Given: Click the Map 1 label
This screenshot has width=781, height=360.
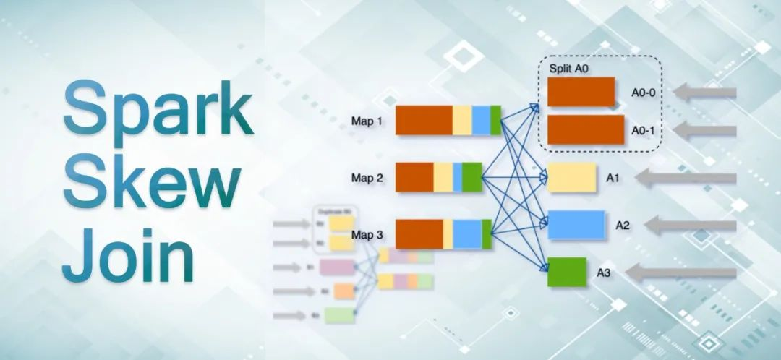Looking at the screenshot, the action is [x=367, y=121].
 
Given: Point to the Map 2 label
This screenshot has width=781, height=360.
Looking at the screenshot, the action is [x=367, y=177].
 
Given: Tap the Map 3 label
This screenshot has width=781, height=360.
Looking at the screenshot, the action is [x=367, y=235].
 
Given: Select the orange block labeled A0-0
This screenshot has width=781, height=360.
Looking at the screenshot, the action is [x=581, y=92].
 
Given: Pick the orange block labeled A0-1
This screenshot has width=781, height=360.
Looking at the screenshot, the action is [x=585, y=129].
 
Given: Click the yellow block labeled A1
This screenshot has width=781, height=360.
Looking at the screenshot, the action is [x=571, y=178].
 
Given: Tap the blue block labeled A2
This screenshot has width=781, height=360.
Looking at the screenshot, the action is [x=576, y=225].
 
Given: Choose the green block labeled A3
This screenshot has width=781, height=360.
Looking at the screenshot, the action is [x=566, y=271].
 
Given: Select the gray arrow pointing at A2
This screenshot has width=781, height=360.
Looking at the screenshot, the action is [x=690, y=226].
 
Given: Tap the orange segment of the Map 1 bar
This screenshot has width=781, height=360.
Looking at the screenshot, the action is [x=424, y=120].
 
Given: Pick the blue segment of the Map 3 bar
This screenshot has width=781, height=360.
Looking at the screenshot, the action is [x=467, y=234].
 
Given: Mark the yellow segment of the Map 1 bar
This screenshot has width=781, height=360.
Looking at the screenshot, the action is [x=462, y=120].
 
